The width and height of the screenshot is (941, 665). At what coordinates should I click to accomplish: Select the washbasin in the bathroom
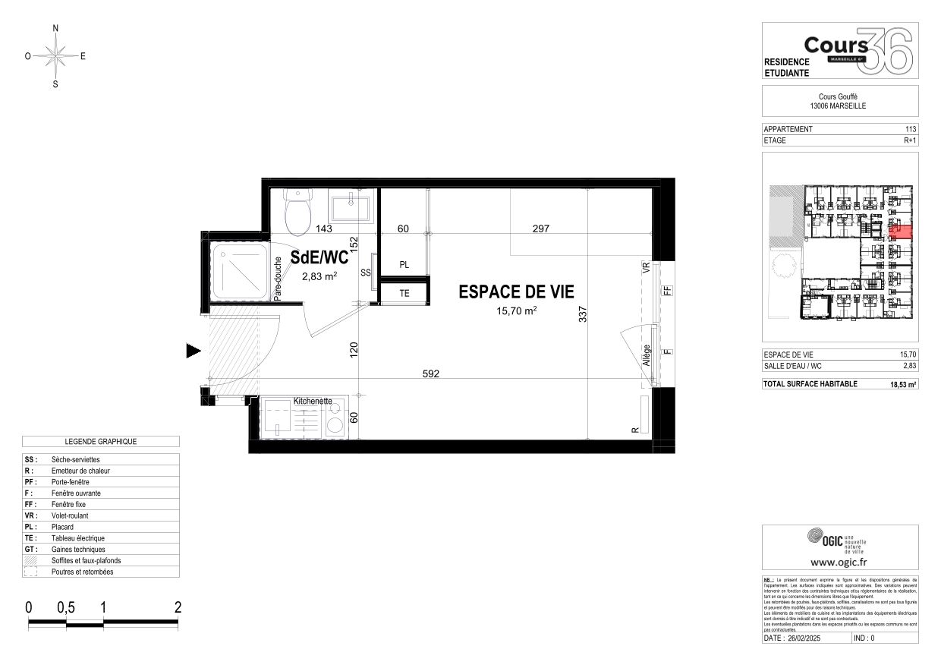(x=351, y=204)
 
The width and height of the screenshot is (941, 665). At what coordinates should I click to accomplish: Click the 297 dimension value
(x=540, y=228)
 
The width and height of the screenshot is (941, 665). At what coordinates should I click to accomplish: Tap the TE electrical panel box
(x=404, y=293)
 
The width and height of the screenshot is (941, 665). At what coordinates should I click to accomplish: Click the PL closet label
(x=404, y=265)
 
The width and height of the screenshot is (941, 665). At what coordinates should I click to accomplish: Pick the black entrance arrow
(x=194, y=351)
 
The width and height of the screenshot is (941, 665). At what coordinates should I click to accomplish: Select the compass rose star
(x=55, y=55)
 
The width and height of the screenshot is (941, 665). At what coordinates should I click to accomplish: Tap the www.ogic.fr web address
(x=839, y=563)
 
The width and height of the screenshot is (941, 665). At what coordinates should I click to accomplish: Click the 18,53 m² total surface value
(x=903, y=384)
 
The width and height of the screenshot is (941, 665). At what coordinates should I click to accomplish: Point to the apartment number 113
(x=911, y=129)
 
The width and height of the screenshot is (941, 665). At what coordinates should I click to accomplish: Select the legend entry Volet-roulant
(x=69, y=515)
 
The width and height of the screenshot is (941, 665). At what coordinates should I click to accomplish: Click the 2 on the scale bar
(x=178, y=607)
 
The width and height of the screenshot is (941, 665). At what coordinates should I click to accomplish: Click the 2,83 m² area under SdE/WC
(x=319, y=276)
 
